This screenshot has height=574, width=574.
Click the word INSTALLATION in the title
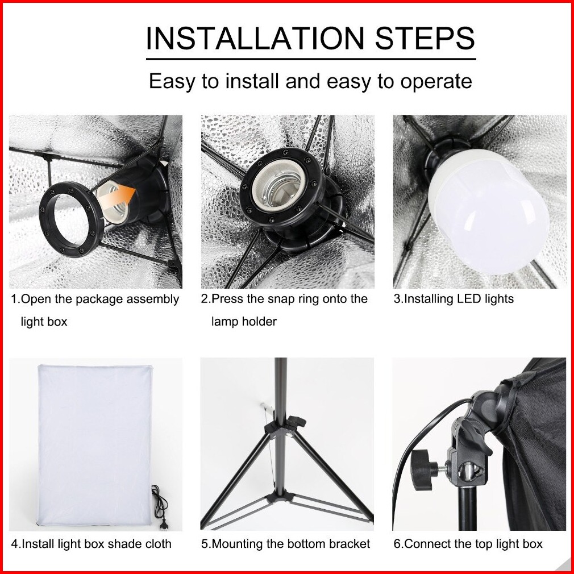tap(255, 38)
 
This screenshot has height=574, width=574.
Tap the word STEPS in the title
tap(425, 38)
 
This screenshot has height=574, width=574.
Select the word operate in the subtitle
tap(436, 82)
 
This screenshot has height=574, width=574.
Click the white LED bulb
tap(489, 213)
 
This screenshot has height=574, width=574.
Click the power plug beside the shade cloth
tap(164, 522)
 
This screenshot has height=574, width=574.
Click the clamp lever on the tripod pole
tap(296, 421)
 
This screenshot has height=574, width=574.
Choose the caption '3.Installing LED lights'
tap(454, 299)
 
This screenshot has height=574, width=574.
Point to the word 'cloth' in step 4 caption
tap(158, 544)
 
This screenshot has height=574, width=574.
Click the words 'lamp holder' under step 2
tap(244, 322)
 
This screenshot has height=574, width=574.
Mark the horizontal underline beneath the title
tap(311, 59)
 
